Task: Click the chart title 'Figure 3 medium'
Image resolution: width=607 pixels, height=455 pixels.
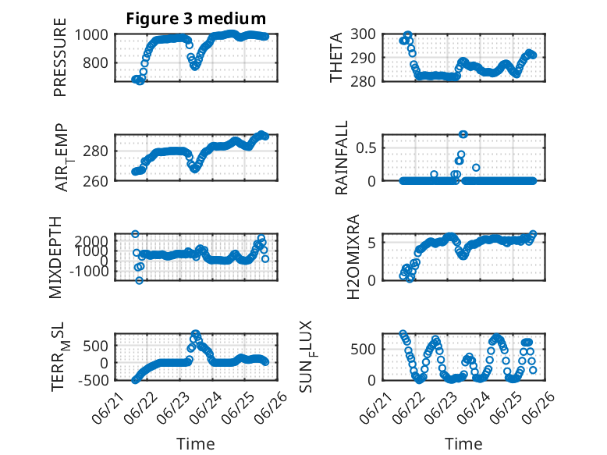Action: [x=196, y=18]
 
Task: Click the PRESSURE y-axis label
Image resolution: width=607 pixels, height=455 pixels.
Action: [x=60, y=57]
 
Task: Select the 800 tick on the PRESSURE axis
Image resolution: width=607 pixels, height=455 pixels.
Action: [x=95, y=62]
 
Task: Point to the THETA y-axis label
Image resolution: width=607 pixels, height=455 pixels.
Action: [x=336, y=57]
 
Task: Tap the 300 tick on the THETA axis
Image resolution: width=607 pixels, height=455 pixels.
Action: [x=363, y=34]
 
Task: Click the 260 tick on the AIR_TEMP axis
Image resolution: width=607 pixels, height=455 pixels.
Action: [x=95, y=181]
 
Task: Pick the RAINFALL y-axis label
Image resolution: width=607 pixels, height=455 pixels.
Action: [x=342, y=158]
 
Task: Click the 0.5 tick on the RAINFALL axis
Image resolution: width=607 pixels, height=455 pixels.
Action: [x=366, y=148]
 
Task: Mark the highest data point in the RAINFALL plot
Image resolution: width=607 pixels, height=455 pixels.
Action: [x=463, y=134]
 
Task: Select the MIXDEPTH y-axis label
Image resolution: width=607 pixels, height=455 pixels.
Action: [x=55, y=258]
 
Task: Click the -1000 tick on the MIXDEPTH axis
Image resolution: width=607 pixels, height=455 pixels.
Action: [x=89, y=271]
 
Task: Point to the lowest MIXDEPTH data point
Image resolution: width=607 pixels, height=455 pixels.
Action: [x=139, y=280]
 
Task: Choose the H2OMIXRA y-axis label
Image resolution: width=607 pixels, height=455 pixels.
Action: [x=353, y=257]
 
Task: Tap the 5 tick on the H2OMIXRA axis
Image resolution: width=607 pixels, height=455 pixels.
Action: [x=372, y=243]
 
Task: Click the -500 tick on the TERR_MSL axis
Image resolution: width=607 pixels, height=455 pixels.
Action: [x=93, y=380]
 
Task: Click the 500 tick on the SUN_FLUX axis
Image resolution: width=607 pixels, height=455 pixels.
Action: [x=363, y=349]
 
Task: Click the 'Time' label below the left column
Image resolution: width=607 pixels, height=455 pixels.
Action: [x=196, y=443]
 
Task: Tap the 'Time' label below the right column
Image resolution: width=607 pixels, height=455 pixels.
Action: [x=463, y=443]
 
